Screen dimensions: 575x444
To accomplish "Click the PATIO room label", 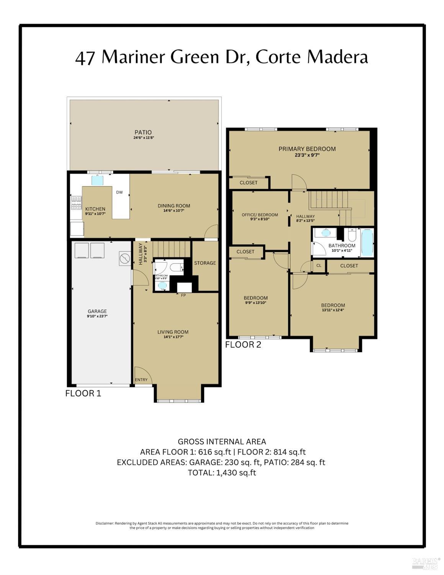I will [x=143, y=132].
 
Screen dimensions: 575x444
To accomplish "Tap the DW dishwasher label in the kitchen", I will [x=120, y=192].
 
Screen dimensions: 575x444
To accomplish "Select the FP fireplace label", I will [x=183, y=295].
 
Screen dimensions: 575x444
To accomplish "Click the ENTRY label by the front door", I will [x=141, y=380].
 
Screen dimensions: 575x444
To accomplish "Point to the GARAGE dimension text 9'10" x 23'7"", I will [x=97, y=316].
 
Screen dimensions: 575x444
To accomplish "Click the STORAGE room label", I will [x=205, y=263].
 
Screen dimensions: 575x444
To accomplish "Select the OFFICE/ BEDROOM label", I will [x=260, y=215].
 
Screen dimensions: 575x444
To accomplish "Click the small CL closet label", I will [x=319, y=265].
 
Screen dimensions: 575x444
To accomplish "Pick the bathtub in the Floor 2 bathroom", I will [x=367, y=242].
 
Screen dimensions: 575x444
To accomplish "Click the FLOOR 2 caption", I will [x=243, y=344].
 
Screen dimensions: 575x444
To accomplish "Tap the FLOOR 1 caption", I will [x=83, y=393].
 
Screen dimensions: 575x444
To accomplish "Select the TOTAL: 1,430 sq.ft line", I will [x=221, y=473].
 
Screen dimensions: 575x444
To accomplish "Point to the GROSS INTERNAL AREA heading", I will [x=221, y=442].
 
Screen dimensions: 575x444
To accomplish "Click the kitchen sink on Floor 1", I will [x=97, y=180].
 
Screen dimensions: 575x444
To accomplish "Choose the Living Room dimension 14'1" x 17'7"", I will [x=173, y=337].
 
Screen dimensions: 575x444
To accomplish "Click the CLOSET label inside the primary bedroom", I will [x=249, y=183].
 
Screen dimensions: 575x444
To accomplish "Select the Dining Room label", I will [x=174, y=206].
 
